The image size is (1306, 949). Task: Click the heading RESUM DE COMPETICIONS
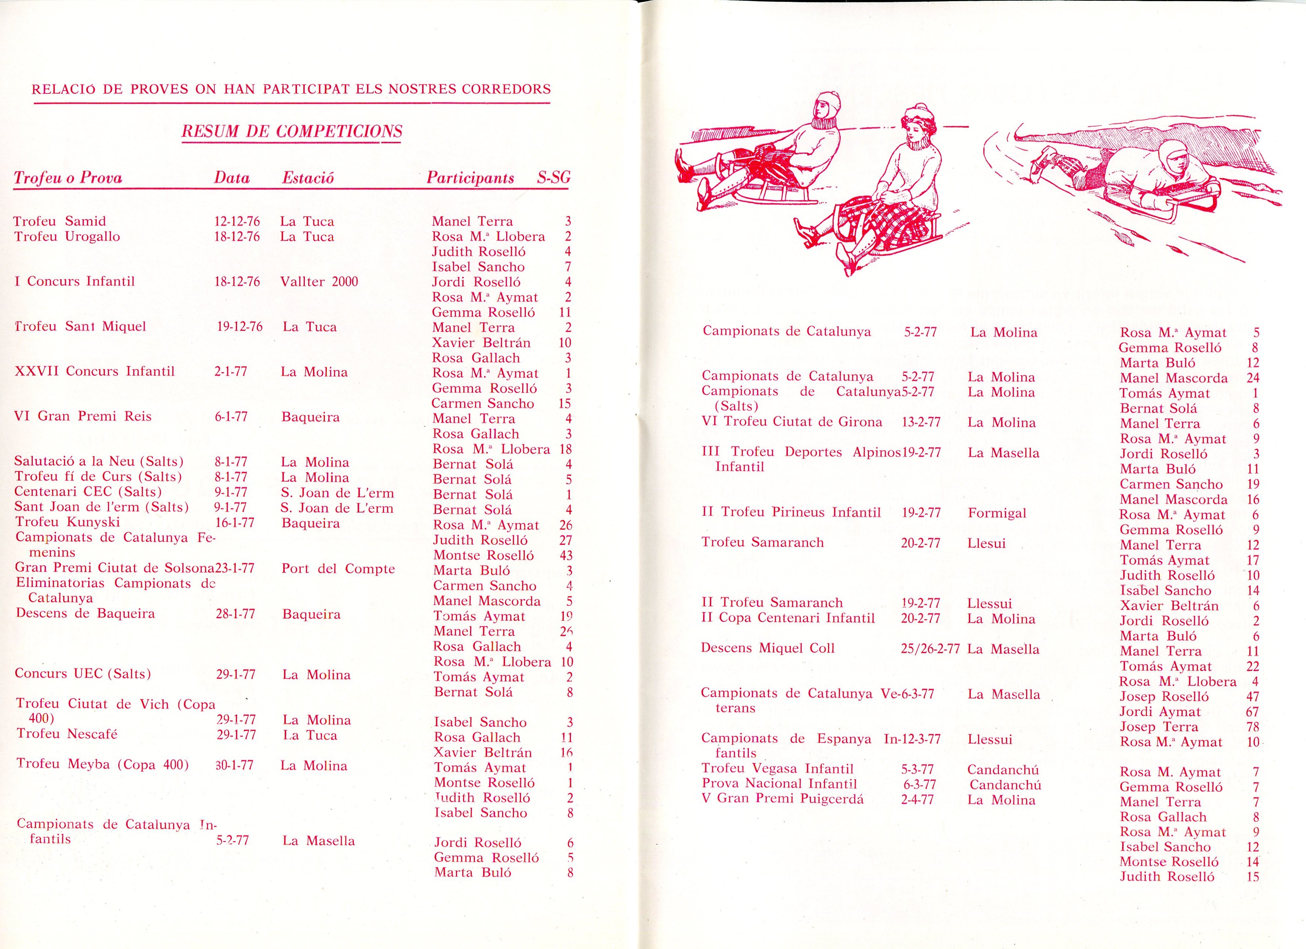(292, 131)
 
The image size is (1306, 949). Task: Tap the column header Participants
(470, 178)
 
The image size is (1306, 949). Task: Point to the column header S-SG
(553, 178)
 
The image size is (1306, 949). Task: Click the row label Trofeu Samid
(60, 221)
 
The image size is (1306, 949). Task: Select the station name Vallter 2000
(319, 282)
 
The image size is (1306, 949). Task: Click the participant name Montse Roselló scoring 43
(484, 555)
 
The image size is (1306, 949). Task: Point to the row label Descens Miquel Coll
(767, 648)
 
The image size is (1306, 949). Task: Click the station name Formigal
(997, 513)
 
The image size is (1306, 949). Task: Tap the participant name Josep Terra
(1159, 727)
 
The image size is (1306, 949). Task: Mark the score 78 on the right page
(1252, 727)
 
